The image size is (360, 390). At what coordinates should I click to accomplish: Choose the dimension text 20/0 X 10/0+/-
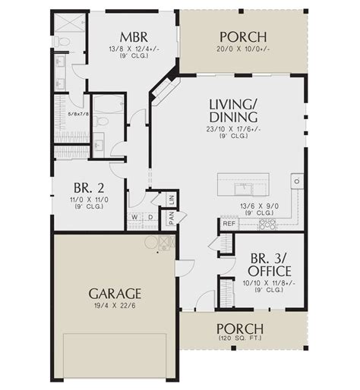tap(243, 48)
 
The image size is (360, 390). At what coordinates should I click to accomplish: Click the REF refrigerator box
tap(229, 224)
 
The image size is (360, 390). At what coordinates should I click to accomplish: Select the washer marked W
tap(134, 217)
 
